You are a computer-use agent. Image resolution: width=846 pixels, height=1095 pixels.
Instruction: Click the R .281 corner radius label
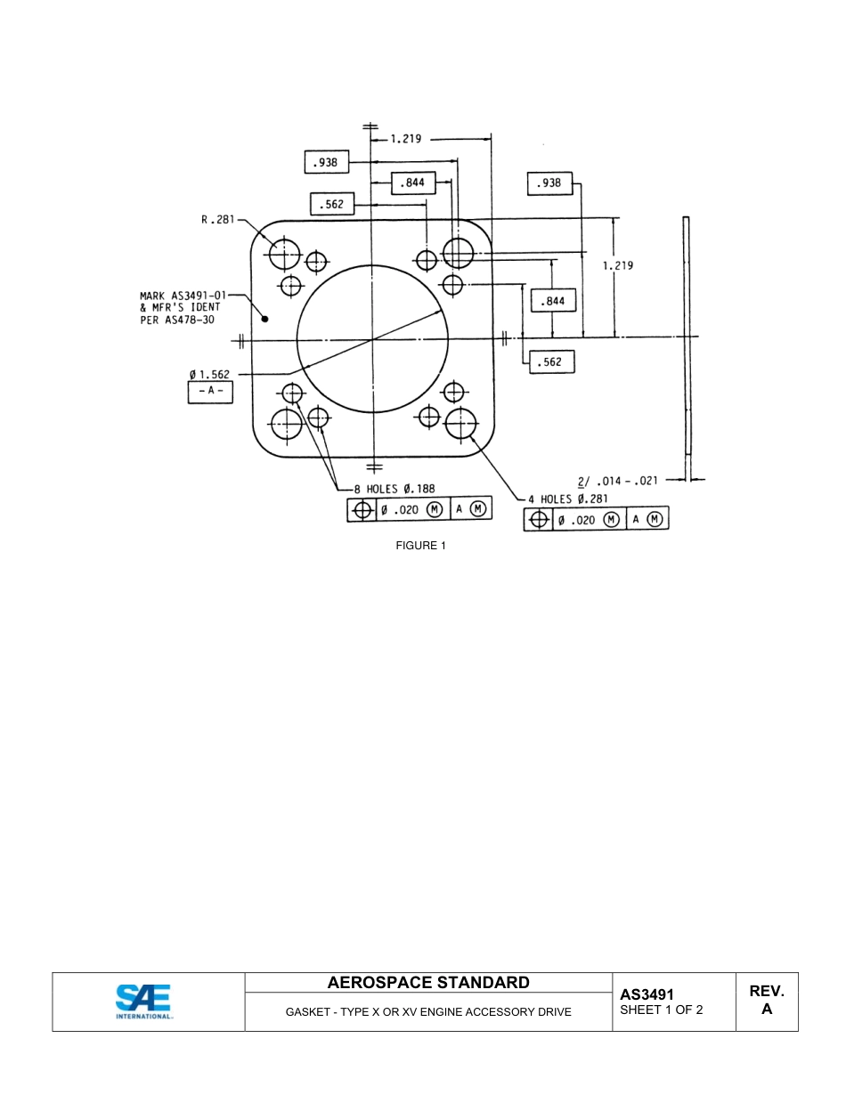click(x=217, y=220)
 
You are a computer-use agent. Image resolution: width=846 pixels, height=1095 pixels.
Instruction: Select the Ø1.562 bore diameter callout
click(x=209, y=375)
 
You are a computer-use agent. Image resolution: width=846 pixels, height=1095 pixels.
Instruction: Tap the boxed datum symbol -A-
click(x=210, y=392)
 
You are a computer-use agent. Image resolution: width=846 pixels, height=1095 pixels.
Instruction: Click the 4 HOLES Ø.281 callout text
click(x=567, y=499)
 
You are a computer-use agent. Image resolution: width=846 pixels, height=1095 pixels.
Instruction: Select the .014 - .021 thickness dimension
click(x=618, y=481)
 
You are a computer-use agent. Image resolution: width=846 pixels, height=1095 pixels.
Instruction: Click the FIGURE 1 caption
click(x=420, y=546)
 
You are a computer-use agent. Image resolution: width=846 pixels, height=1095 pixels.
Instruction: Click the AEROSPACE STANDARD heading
click(x=428, y=983)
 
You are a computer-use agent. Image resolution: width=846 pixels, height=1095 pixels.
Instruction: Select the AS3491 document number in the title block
click(x=647, y=994)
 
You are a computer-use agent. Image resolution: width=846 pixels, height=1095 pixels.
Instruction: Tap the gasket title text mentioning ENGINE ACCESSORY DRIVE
click(x=428, y=1012)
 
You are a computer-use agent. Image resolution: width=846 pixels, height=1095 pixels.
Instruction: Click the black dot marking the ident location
click(x=264, y=319)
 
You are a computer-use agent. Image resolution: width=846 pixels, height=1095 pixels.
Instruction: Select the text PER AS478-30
click(x=177, y=320)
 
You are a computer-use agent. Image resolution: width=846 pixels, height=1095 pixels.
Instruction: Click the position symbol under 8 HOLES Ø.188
click(x=362, y=510)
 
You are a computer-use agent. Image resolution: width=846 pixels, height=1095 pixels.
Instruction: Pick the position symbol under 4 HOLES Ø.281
click(x=538, y=520)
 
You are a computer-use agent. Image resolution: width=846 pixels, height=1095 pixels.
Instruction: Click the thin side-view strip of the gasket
click(x=687, y=347)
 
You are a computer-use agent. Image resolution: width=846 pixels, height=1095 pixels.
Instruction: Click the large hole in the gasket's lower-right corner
click(x=461, y=425)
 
